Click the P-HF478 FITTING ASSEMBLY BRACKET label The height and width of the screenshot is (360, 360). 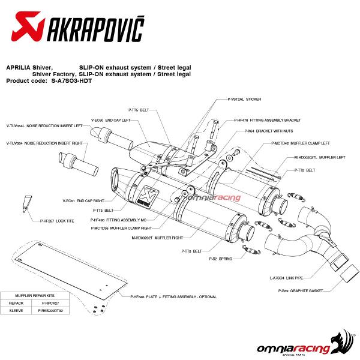[x=259, y=119]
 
